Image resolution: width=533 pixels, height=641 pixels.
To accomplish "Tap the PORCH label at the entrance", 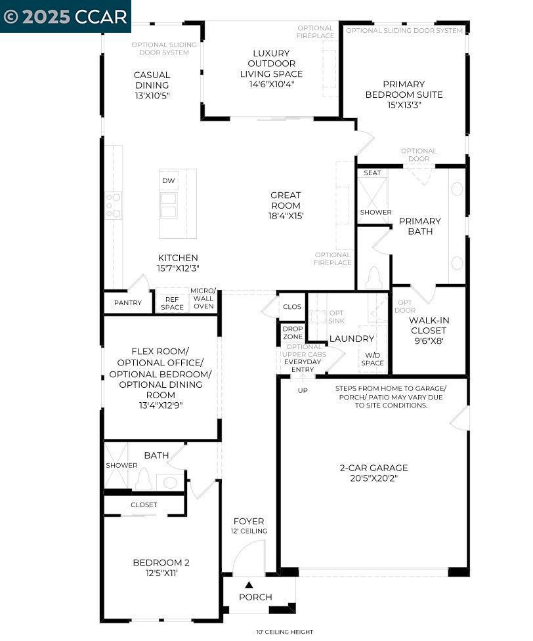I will (255, 597).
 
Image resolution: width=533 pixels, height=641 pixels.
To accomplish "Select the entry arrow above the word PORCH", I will (249, 585).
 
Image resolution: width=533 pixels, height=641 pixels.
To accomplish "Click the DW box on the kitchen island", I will (168, 180).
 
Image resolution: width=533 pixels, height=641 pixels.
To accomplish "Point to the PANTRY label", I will (128, 303).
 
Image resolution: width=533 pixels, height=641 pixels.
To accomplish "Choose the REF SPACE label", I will (172, 303).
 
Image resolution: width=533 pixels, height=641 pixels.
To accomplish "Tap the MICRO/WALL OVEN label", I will (203, 299).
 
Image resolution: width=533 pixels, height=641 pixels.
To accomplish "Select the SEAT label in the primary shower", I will (372, 173).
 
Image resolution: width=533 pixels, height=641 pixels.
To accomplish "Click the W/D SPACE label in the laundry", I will (372, 359).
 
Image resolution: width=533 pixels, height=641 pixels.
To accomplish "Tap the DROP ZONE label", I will (293, 333).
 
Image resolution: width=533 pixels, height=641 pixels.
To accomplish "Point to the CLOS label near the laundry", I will (292, 306).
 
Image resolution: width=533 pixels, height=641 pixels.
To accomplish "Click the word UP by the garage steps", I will (303, 390).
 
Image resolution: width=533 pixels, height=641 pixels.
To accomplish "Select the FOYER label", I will (249, 521).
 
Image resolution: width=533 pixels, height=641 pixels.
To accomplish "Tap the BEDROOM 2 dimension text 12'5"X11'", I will (161, 573).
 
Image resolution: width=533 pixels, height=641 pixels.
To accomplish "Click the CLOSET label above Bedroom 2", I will (144, 505).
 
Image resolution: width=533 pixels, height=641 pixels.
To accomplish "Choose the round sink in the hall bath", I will (169, 482).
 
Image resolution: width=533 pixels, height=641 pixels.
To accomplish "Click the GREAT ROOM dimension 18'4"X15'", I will (286, 216).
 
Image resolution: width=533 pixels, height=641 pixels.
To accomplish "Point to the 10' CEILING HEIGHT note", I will (285, 632).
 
